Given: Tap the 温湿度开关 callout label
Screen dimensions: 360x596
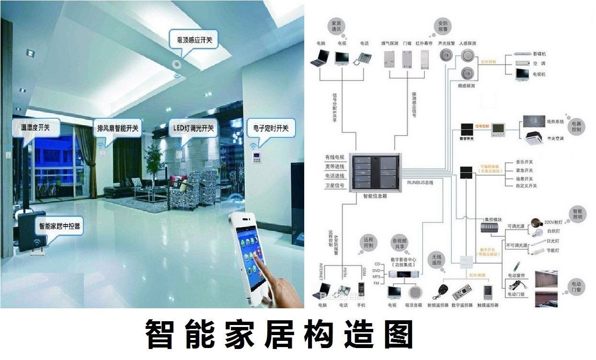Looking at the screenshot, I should [35, 128].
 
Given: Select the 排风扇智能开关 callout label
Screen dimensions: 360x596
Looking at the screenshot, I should [117, 128].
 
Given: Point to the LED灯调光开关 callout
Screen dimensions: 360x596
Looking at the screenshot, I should [193, 128].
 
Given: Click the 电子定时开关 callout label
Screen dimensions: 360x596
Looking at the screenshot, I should [271, 128].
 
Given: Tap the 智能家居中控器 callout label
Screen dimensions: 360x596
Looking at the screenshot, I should [59, 226].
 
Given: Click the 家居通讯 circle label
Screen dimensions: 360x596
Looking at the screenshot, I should [336, 26].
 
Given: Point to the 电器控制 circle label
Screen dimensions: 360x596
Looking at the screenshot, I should [576, 126].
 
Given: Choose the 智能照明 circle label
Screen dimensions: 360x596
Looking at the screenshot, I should [577, 214].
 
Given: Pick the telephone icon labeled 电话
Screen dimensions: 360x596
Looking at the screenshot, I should [363, 58].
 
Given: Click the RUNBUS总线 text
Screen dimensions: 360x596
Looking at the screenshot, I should [420, 182].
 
